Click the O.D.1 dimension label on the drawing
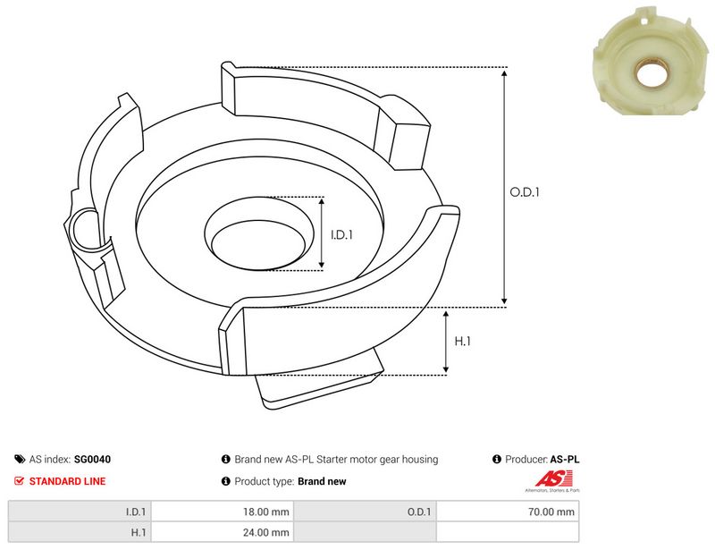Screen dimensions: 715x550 coord(525,192)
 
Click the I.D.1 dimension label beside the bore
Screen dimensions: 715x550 coord(341,234)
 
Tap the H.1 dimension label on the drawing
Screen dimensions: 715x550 coord(462,341)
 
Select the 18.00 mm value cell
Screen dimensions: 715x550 coord(223,512)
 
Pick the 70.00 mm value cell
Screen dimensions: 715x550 coord(508,512)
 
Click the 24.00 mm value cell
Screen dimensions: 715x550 coord(223,532)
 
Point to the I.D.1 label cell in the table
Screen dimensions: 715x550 coord(80,512)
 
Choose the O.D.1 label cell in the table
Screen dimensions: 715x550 coord(365,512)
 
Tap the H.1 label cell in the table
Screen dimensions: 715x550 coord(80,532)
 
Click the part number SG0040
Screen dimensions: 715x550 coord(92,459)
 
